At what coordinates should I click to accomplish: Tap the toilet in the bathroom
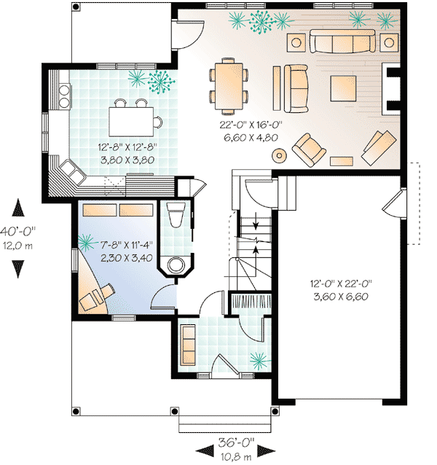point(176,217)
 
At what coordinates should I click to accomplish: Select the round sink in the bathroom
point(176,264)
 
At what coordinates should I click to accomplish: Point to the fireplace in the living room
point(392,88)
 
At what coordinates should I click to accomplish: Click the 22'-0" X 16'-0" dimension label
point(251,130)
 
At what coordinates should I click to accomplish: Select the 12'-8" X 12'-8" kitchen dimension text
point(127,152)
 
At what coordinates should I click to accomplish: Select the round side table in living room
point(279,155)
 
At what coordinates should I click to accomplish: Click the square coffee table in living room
point(342,88)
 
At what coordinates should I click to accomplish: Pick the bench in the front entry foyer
point(188,341)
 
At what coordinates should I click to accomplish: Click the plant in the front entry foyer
point(258,357)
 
